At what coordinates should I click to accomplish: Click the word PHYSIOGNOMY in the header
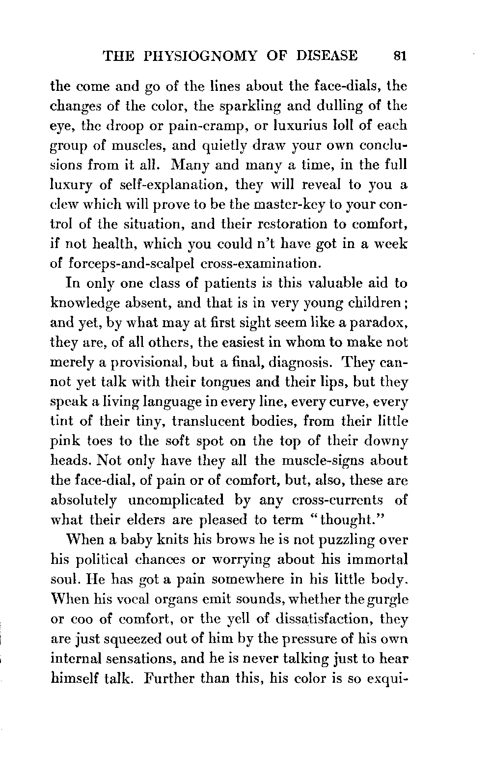[201, 56]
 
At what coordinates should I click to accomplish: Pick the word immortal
[379, 559]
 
